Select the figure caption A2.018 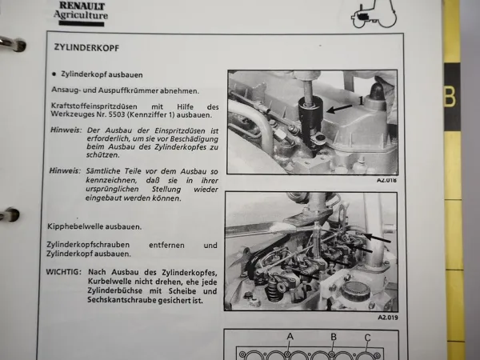pyautogui.click(x=386, y=181)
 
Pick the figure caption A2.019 pyautogui.click(x=386, y=318)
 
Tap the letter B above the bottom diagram pyautogui.click(x=332, y=334)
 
